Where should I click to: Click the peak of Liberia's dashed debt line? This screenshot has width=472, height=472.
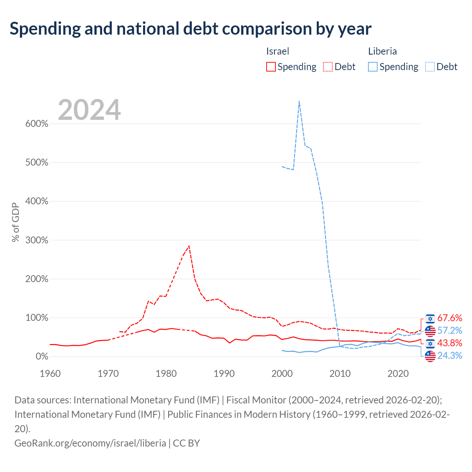coord(299,101)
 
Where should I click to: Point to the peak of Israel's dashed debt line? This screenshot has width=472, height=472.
coord(189,246)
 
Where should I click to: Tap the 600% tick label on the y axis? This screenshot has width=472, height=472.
coord(37,124)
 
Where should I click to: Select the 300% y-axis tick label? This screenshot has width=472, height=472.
coord(37,240)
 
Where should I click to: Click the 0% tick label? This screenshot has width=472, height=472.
coord(42,356)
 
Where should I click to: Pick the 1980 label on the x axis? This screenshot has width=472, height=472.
coord(166,374)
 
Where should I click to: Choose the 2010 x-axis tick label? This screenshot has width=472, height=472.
coord(340,374)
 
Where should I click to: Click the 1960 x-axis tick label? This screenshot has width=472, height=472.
coord(50,374)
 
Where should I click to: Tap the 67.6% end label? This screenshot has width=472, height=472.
coord(450,318)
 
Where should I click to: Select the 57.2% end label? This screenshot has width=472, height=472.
coord(450,330)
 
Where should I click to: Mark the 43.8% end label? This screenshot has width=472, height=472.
coord(450,343)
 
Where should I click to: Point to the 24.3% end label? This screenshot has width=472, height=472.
coord(450,355)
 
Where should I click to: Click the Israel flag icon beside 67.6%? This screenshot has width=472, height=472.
coord(430,319)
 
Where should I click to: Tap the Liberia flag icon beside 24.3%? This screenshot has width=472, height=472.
coord(430,356)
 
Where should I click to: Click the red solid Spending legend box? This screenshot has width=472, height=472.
coord(271,67)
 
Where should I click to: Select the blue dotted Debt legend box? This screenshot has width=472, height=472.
coord(430,67)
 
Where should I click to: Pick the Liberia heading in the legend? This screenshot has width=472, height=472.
coord(382,51)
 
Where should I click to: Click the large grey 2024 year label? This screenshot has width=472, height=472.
coord(89,110)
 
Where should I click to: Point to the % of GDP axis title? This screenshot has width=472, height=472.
coord(16,222)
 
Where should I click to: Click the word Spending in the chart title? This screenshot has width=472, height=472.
coord(45,29)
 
